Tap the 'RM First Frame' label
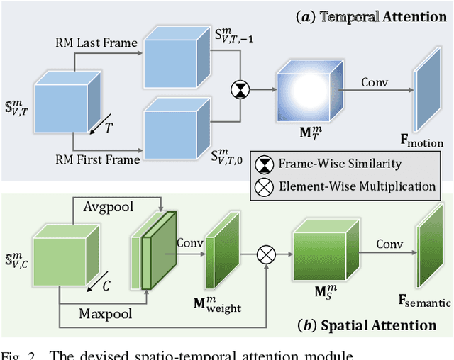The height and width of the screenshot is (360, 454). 99,160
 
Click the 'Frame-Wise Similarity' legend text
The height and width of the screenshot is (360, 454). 340,164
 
